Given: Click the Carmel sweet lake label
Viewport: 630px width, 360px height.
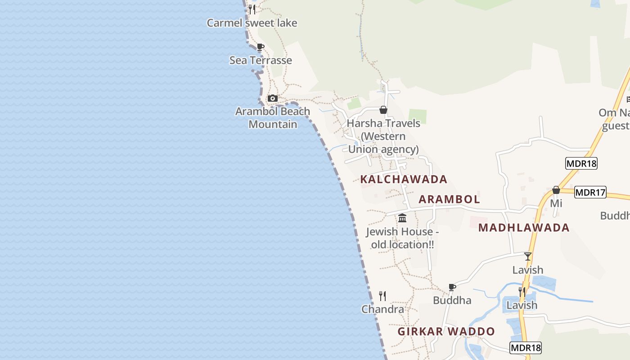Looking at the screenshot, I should pos(252,23).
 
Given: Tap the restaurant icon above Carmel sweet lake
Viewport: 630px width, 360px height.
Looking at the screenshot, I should pos(252,9).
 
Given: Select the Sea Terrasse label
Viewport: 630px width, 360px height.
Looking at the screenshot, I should pos(261,60).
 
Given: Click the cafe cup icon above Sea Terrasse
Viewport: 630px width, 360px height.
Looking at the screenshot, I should pos(260,47).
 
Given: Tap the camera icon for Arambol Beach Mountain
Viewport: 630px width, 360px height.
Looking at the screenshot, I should pos(272,98).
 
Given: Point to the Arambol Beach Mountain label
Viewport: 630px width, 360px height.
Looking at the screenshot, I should pos(273,117).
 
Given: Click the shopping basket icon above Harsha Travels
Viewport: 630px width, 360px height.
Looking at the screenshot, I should pos(383,110).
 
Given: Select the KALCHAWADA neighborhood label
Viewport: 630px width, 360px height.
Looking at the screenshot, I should pos(404,179).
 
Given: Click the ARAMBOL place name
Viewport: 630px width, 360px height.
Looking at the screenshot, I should pos(449,199).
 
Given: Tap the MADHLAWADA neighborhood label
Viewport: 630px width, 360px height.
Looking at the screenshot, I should pos(524,228).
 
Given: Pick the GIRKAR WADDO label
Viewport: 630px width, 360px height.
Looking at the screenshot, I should pos(446,332).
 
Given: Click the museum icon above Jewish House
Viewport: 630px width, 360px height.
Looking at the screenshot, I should pos(402,218).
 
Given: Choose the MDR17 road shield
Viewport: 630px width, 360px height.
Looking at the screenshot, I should pos(590,192).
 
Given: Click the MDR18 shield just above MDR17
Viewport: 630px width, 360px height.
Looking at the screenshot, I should pos(581,163).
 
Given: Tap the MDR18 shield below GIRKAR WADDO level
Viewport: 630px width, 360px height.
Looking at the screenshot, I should pos(526,347).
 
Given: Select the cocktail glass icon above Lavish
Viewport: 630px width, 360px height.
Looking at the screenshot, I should pos(528,256).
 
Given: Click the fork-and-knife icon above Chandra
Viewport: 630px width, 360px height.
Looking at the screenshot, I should pos(382,296).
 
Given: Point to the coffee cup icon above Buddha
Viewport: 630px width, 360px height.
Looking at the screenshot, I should pos(452,287).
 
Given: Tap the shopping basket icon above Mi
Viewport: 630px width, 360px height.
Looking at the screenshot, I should pos(556,190).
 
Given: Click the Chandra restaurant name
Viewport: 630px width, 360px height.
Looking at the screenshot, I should pos(382,309).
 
